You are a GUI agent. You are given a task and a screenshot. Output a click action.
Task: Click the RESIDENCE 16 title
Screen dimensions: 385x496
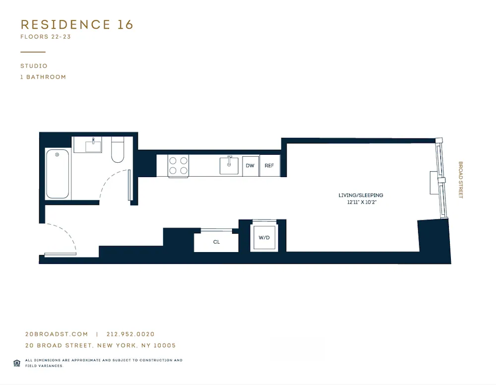point(77,25)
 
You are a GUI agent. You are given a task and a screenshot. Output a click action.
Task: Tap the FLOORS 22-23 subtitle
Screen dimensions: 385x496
point(46,37)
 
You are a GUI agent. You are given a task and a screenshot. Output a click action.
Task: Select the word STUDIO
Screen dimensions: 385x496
point(34,66)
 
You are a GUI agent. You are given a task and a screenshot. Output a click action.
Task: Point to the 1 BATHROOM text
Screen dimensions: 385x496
point(43,77)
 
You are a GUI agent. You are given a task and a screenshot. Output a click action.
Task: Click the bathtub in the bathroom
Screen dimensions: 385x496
point(58,174)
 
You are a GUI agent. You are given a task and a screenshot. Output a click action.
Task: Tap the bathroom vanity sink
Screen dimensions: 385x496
point(93,145)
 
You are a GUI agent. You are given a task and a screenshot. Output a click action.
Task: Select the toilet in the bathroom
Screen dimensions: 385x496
point(118,150)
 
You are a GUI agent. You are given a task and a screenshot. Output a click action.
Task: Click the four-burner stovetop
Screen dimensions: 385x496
point(178,166)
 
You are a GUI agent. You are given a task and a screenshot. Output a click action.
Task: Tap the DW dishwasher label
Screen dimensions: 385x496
point(250,166)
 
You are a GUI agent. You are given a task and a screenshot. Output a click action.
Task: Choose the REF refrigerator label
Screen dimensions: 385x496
point(269,166)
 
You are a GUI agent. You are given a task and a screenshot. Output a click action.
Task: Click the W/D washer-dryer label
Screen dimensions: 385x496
point(264,238)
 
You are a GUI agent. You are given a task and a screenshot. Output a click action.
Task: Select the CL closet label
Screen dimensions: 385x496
point(216,242)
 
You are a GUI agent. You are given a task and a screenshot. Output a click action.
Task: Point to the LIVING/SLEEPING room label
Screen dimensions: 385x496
point(361,195)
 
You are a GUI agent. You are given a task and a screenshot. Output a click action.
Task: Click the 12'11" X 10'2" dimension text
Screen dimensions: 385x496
point(361,202)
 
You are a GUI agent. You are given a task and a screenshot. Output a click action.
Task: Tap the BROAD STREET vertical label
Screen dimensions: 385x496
point(460,180)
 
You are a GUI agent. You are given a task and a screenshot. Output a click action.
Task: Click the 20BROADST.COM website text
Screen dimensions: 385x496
point(57,334)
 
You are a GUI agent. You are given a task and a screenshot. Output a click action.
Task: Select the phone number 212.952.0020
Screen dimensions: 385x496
point(130,334)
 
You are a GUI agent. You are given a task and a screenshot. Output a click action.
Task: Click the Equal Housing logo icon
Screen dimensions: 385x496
point(16,363)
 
